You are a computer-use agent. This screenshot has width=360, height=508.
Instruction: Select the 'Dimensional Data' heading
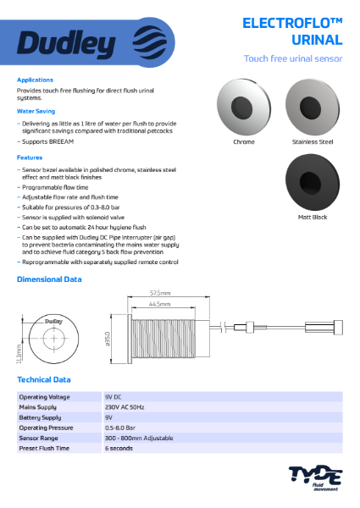[50, 279]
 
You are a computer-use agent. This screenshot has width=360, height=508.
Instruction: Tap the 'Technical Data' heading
[44, 380]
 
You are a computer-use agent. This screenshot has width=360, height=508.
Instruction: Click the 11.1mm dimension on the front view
[19, 350]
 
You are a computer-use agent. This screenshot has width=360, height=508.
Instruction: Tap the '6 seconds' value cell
[119, 448]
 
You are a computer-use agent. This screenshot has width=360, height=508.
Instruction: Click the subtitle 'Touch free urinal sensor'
[292, 58]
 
